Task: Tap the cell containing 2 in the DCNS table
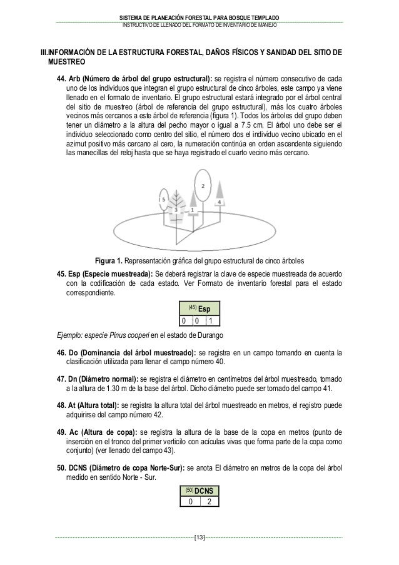tap(210, 502)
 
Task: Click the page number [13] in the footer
tap(199, 537)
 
